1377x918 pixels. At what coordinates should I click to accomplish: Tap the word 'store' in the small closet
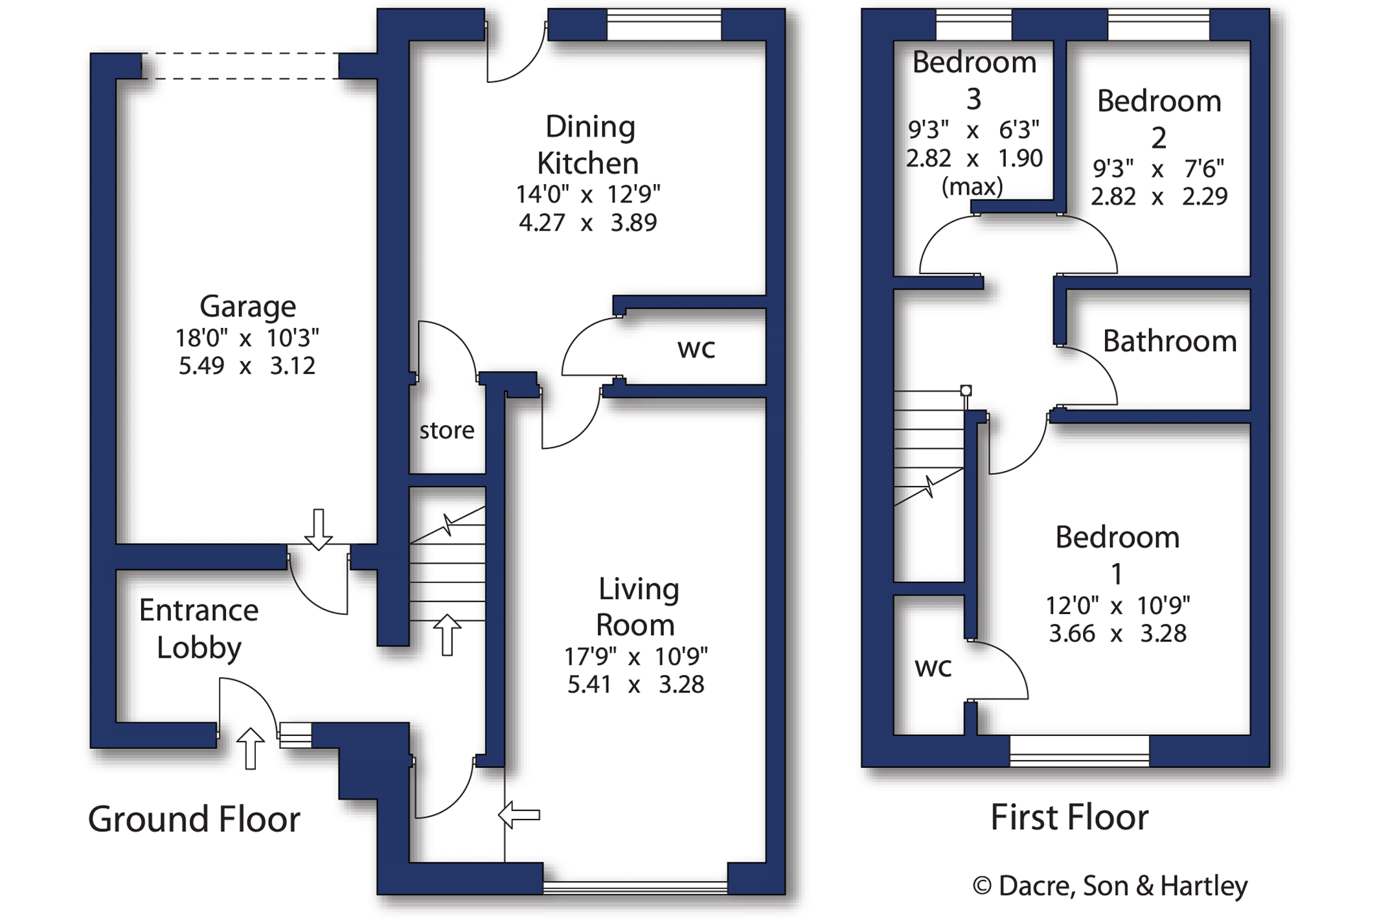447,430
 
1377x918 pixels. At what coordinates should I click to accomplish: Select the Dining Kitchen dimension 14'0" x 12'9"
587,194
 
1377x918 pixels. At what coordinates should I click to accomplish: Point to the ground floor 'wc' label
696,349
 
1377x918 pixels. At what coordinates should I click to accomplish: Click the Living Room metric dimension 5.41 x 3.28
635,684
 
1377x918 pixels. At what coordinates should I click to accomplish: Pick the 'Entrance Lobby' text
199,629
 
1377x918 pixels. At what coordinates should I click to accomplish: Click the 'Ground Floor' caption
194,819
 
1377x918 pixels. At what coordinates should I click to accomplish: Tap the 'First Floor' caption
1069,817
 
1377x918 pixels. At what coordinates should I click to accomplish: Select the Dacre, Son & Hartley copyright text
1110,886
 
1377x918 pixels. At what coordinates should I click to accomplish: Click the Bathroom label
1170,341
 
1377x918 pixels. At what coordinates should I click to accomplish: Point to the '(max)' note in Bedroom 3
972,187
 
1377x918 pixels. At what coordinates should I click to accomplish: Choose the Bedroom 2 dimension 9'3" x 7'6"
1158,168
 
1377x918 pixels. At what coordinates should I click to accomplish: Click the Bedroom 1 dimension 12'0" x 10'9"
1117,606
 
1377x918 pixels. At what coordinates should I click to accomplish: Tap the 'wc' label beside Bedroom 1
933,667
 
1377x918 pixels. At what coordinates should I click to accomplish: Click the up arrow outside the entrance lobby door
250,748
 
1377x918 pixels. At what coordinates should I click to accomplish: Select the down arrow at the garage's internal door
318,530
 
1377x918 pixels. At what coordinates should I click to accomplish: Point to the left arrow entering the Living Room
519,814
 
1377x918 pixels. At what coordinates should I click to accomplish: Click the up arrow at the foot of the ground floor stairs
447,635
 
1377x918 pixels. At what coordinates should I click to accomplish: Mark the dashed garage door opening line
240,66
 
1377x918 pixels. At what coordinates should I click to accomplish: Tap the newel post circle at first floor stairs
966,391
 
